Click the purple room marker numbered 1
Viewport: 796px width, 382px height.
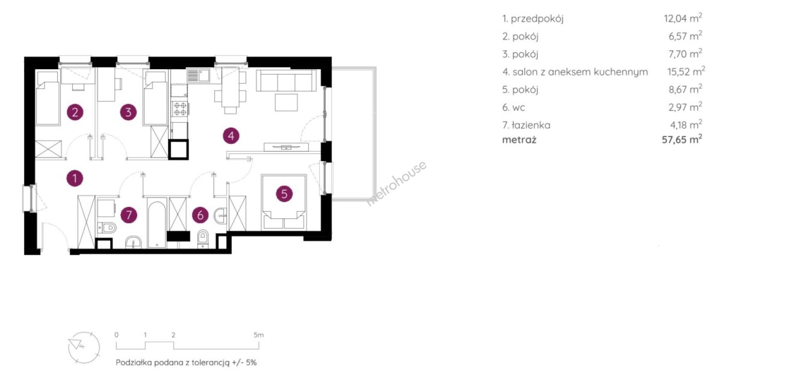coord(75,178)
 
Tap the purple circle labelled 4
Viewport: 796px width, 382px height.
coord(231,135)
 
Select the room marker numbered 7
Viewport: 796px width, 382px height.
coord(129,215)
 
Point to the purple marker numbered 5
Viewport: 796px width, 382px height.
coord(284,193)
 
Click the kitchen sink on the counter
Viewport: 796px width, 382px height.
coord(198,75)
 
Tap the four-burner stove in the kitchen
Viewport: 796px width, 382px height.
coord(180,109)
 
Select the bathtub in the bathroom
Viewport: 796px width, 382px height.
coord(157,223)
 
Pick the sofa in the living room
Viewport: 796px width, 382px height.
coord(286,80)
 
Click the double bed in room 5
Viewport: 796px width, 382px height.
coord(284,202)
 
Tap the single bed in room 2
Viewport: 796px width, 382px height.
coord(48,98)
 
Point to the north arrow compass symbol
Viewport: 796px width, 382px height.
coord(84,348)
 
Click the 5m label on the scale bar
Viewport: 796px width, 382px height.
coord(259,335)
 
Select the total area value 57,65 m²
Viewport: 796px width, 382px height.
coord(682,139)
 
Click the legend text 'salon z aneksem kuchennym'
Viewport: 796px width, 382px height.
coord(580,72)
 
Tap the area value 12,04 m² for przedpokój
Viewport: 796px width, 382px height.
coord(683,18)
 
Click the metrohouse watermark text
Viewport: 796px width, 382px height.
coord(397,183)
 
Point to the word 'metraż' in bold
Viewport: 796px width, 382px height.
coord(519,140)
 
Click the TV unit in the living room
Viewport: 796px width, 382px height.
coord(286,147)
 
